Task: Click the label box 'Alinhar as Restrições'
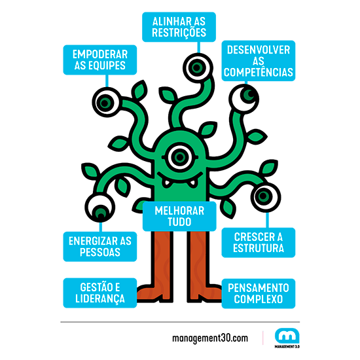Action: tap(179, 27)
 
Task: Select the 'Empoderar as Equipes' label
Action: tap(100, 60)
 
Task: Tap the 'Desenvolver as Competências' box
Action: tap(259, 61)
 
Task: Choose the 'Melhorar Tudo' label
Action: tap(179, 216)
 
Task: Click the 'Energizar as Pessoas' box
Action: tap(100, 247)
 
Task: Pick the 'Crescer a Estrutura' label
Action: tap(259, 243)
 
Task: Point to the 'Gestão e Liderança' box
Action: tap(100, 293)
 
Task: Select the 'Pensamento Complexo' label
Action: tap(259, 293)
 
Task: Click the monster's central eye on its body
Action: tap(180, 157)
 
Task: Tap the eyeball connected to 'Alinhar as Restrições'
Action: tap(198, 67)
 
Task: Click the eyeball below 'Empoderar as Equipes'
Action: tap(107, 102)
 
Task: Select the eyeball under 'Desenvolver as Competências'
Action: tap(244, 99)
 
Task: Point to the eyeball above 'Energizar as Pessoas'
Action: tap(100, 207)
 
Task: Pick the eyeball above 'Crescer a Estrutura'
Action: tap(266, 197)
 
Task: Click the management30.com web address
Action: tap(210, 338)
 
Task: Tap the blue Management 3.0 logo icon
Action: tap(287, 336)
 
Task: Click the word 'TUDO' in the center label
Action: tap(179, 222)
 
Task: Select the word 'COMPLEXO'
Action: tap(259, 299)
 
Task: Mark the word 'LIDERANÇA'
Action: tap(100, 299)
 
